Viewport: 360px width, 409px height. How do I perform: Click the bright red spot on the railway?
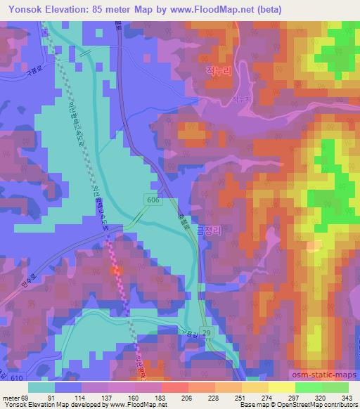(x=116, y=268)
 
